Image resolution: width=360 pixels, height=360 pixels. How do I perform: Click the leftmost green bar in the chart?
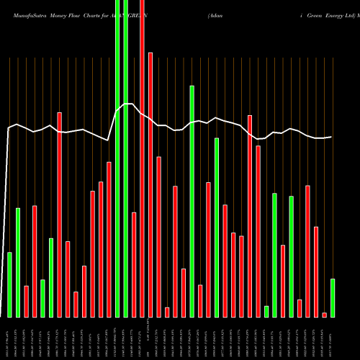coord(9,284)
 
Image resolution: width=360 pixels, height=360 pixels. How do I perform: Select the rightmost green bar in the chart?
coord(333,297)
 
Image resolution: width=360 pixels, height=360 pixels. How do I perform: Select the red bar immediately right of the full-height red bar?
coord(150,184)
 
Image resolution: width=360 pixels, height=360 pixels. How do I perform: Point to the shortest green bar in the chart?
coord(266,311)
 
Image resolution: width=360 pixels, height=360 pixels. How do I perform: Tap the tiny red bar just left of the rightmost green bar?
coord(324,315)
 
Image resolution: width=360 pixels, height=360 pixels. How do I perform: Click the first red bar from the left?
coord(26,301)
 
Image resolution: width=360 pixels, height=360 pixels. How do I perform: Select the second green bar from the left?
coord(18,262)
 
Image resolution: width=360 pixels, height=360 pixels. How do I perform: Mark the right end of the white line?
coord(332,137)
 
